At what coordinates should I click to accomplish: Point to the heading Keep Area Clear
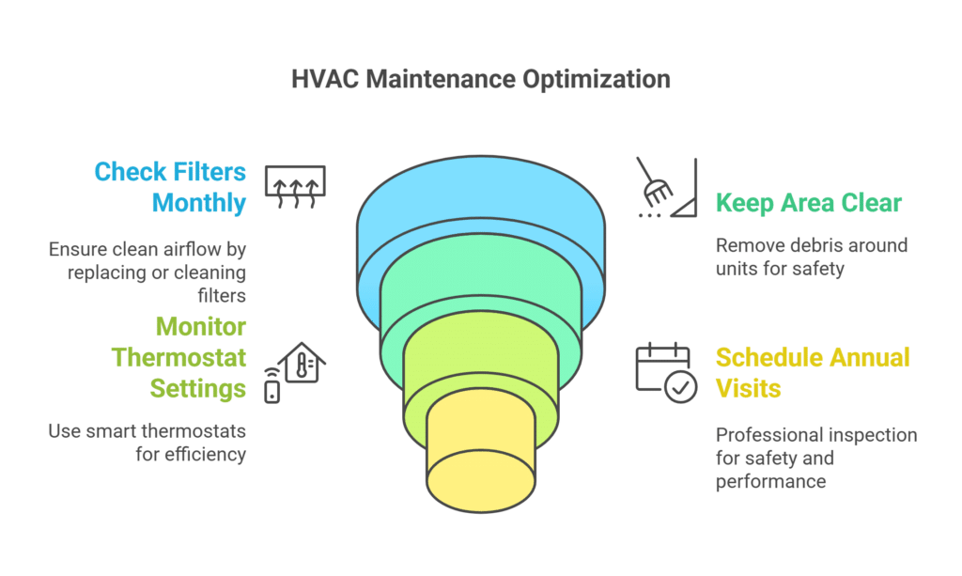(808, 202)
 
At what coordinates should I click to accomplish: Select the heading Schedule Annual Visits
(812, 372)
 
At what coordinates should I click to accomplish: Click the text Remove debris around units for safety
(811, 257)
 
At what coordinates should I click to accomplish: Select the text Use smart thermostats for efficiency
(148, 443)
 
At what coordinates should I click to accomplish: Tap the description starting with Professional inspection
(815, 459)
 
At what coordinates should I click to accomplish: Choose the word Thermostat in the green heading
(178, 357)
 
